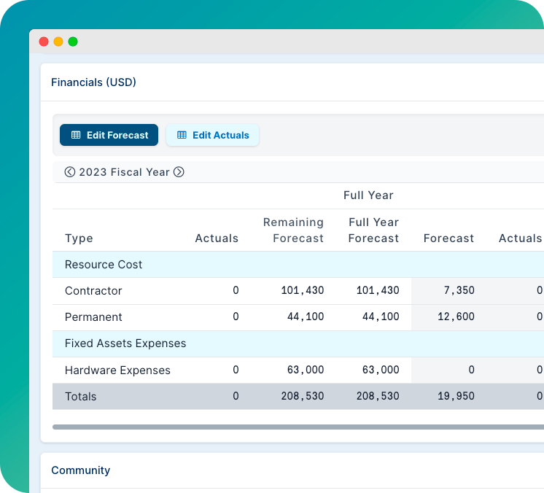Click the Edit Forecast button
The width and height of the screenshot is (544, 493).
(x=109, y=135)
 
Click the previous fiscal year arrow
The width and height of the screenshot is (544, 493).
(x=70, y=172)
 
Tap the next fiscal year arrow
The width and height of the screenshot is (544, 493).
(x=179, y=172)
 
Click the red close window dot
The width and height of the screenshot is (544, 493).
(x=44, y=42)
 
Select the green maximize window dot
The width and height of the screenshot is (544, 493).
(x=73, y=42)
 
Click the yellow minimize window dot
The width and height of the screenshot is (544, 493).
(x=58, y=42)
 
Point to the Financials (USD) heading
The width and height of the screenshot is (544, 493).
(x=93, y=82)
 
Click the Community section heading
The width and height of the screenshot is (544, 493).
(x=80, y=470)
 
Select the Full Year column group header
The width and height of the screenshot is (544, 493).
(x=368, y=195)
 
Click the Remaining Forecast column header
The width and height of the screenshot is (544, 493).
(x=293, y=230)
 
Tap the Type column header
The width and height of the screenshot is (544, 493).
(x=79, y=238)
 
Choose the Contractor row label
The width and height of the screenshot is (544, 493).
(x=93, y=291)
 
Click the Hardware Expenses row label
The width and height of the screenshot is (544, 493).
(x=117, y=370)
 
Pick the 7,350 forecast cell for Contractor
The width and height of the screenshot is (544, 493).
(x=459, y=291)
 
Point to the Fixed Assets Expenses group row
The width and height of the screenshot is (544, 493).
(x=125, y=343)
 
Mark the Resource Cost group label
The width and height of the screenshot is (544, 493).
(x=104, y=265)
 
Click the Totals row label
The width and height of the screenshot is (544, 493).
(x=80, y=397)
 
